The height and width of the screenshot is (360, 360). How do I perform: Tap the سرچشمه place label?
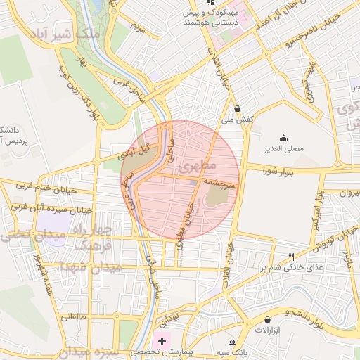[223, 181]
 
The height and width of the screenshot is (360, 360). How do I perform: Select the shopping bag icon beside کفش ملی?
[238, 109]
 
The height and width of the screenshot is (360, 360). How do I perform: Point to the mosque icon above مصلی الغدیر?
[283, 138]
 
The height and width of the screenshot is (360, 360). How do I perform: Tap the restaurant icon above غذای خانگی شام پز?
[292, 257]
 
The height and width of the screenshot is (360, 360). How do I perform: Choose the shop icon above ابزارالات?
[267, 320]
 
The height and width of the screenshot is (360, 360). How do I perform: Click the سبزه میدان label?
[28, 352]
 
